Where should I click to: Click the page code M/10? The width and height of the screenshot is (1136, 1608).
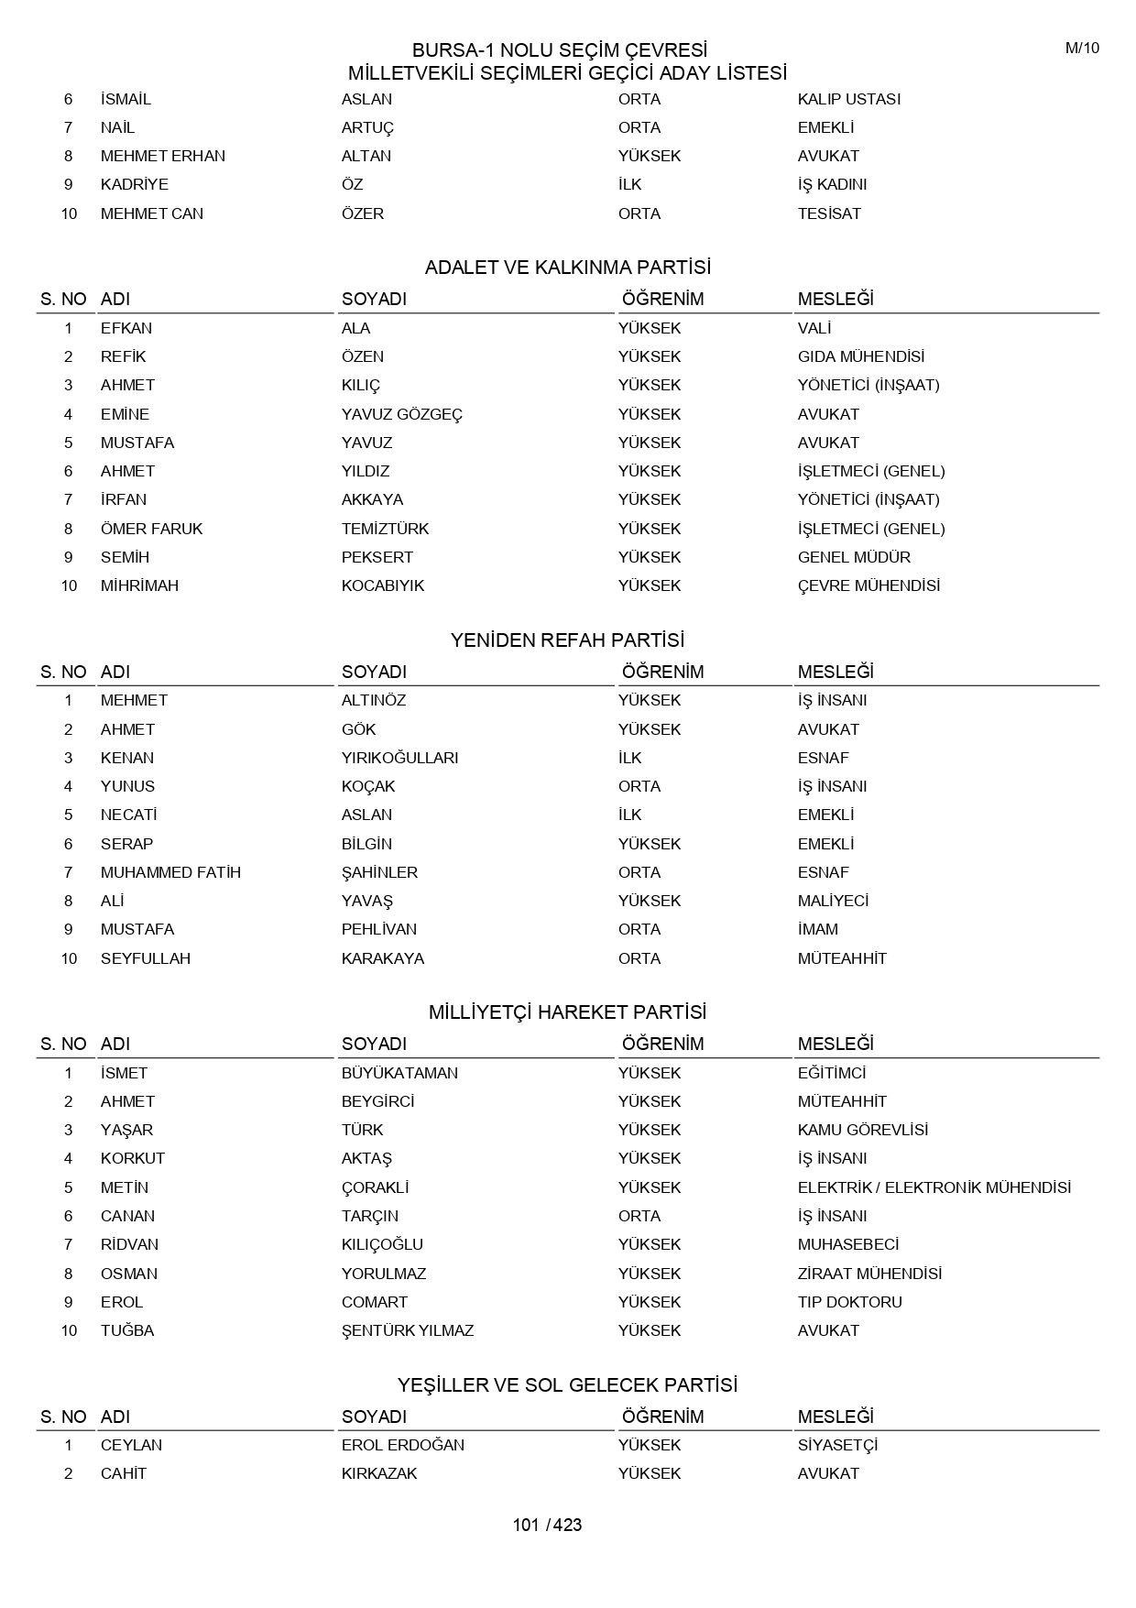[x=1082, y=49]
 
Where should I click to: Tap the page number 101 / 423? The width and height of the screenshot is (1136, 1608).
[x=547, y=1525]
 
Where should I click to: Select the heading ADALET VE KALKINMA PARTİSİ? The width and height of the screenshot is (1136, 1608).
[x=567, y=268]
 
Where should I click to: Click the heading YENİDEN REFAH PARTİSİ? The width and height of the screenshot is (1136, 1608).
[x=567, y=640]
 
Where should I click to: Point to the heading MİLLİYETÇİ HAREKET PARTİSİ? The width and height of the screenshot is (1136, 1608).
[x=567, y=1012]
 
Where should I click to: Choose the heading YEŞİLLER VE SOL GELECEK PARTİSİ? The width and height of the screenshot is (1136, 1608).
[x=567, y=1384]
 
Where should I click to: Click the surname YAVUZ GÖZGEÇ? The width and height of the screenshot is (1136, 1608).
[x=401, y=414]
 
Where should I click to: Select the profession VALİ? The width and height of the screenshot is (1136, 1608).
[x=814, y=328]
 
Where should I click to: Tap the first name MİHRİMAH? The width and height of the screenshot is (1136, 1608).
[x=139, y=585]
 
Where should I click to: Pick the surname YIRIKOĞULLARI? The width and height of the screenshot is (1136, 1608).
[x=399, y=758]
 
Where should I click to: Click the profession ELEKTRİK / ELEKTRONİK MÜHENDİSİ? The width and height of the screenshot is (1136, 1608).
[x=934, y=1187]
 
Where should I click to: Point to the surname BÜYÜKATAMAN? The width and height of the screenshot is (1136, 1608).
[x=399, y=1073]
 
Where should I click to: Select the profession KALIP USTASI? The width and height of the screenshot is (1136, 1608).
[x=848, y=99]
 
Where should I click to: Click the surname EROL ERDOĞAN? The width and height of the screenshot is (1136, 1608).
[x=402, y=1445]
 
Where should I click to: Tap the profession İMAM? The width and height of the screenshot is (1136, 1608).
[x=817, y=929]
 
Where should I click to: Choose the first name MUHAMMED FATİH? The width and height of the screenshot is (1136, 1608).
[x=170, y=872]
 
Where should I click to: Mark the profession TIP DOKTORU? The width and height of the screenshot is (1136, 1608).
[x=849, y=1302]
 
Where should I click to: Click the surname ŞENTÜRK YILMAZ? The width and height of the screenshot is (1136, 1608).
[x=407, y=1330]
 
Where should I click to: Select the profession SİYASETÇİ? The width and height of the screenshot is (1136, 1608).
[x=837, y=1445]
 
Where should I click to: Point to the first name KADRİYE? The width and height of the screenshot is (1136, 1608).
[x=134, y=184]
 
